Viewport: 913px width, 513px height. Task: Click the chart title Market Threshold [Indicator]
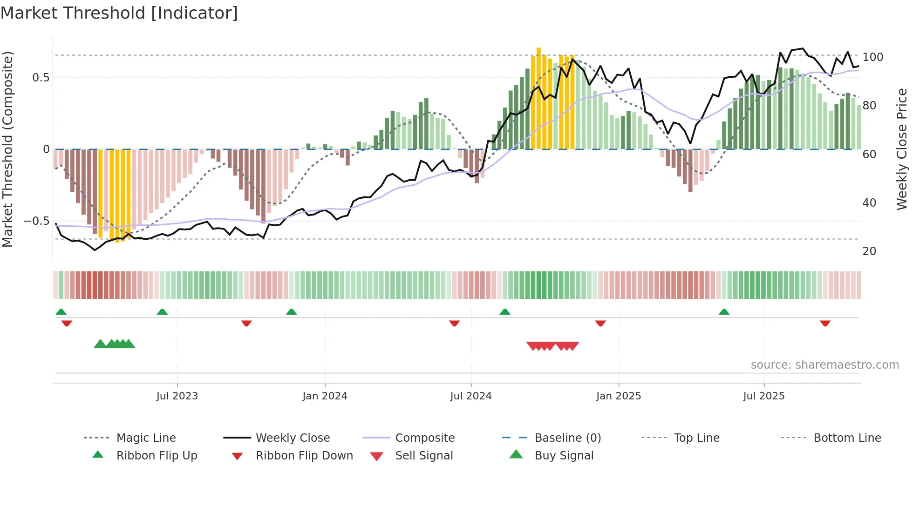tap(119, 13)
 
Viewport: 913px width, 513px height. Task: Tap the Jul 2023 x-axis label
tap(177, 396)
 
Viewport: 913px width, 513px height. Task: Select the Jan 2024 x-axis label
tap(325, 396)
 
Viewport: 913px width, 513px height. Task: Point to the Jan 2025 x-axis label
tap(619, 396)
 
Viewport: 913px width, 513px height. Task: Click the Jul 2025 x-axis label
tap(764, 396)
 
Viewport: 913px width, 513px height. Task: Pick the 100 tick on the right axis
tap(872, 57)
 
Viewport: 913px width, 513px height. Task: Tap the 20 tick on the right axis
tap(869, 251)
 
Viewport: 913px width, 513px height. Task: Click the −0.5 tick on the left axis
tap(36, 221)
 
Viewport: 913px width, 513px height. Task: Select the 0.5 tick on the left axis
tap(41, 77)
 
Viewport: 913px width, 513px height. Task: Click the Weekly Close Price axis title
tap(902, 149)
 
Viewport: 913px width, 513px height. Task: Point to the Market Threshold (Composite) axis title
tap(7, 149)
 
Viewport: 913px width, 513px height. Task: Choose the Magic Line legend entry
tap(146, 438)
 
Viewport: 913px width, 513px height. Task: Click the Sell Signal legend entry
tap(424, 456)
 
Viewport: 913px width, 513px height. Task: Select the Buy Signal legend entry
tap(564, 456)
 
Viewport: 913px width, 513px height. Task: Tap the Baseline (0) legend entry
tap(567, 438)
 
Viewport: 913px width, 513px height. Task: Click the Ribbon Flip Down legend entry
tap(304, 456)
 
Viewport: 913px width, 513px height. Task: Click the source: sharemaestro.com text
tap(824, 365)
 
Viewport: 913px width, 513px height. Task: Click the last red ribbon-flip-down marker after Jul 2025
tap(825, 323)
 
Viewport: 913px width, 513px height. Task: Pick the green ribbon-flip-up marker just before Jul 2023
tap(162, 312)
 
